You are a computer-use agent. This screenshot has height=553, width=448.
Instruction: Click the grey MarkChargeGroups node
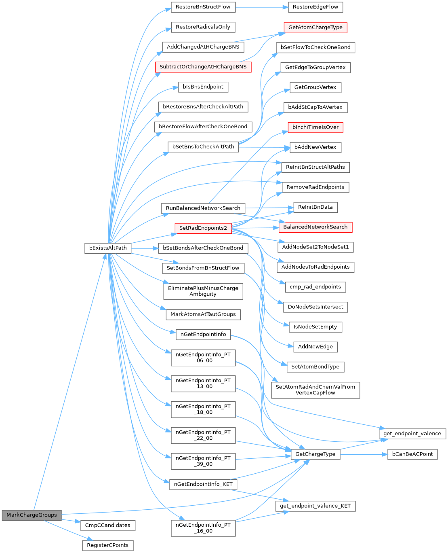(32, 515)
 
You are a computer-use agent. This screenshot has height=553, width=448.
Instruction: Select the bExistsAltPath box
(108, 248)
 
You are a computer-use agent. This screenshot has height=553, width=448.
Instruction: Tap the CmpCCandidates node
(108, 525)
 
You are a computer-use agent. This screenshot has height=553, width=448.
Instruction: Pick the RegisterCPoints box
(108, 545)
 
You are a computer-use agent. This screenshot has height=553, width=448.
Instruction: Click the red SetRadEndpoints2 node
(203, 229)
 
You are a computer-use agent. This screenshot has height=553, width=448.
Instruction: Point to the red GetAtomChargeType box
(315, 28)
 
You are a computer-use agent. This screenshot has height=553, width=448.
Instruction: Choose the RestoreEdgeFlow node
(315, 7)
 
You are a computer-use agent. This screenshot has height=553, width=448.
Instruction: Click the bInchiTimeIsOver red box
(315, 127)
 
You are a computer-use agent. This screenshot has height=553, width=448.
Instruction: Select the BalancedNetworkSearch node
(315, 227)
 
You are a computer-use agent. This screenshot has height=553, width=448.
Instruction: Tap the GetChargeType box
(315, 454)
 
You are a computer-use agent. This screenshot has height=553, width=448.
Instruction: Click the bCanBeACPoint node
(412, 454)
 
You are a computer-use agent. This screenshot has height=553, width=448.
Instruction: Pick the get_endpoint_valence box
(412, 434)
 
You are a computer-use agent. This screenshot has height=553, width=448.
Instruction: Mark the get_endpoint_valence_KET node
(315, 506)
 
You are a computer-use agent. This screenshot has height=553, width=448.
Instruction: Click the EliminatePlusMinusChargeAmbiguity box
(203, 292)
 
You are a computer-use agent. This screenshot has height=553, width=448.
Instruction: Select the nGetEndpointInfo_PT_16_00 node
(203, 528)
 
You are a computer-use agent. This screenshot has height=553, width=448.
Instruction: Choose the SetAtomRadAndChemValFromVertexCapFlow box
(315, 390)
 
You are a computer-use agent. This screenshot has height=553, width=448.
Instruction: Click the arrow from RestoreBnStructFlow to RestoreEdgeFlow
(262, 7)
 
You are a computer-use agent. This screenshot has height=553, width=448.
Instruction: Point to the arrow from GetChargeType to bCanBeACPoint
(364, 455)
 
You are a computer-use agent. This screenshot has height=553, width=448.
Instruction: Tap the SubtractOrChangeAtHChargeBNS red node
(203, 67)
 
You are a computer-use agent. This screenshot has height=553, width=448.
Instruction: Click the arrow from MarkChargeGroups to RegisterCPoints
(69, 531)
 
